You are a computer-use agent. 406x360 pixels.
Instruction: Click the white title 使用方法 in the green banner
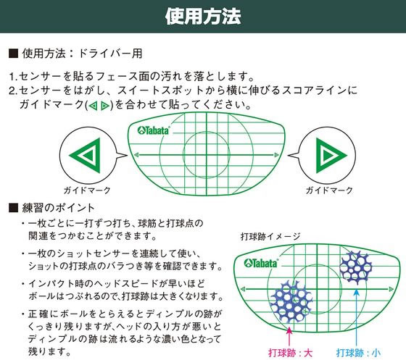[203, 16]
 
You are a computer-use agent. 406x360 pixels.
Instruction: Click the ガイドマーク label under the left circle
[87, 191]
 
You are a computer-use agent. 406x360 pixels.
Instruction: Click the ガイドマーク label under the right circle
[329, 191]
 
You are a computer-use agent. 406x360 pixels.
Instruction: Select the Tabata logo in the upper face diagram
[154, 130]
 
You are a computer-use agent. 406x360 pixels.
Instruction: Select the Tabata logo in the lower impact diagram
[261, 263]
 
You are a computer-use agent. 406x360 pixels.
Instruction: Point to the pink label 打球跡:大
[290, 353]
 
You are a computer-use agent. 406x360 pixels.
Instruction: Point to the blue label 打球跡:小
[359, 353]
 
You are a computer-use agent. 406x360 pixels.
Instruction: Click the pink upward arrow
[289, 337]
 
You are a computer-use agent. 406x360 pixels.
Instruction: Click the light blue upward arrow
[357, 317]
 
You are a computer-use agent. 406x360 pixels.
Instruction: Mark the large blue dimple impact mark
[291, 301]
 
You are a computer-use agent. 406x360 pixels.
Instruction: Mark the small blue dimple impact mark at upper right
[355, 268]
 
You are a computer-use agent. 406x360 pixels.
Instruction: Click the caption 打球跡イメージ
[270, 236]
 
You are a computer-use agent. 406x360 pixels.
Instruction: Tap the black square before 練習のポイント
[13, 208]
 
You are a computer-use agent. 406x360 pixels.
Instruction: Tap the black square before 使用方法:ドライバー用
[13, 54]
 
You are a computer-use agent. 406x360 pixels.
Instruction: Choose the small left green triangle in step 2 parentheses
[94, 106]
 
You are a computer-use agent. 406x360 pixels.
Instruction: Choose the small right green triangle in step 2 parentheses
[105, 106]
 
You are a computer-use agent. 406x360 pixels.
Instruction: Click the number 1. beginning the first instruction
[14, 77]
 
